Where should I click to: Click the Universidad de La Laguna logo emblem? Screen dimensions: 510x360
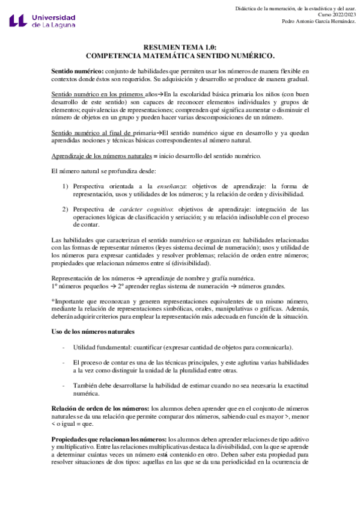18,21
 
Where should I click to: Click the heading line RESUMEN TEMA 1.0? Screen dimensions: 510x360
180,46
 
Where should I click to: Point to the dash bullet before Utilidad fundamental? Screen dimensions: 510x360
64,348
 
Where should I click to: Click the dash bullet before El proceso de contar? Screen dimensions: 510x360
64,363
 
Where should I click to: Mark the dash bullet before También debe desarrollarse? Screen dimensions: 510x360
64,386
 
